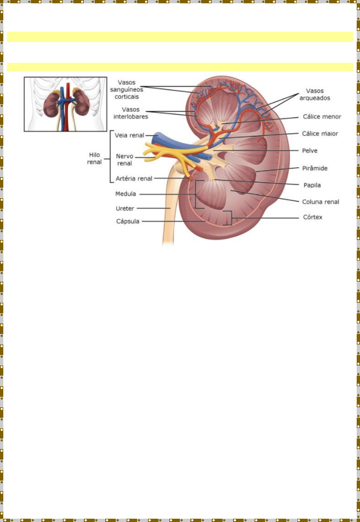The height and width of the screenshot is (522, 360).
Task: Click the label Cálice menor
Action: [322, 117]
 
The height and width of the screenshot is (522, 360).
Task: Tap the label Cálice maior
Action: [320, 133]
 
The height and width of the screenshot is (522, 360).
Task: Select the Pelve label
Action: [310, 151]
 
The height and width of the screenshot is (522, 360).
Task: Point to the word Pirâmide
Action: [315, 168]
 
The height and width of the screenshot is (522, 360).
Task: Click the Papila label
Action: [312, 185]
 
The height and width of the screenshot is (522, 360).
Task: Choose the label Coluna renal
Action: [321, 202]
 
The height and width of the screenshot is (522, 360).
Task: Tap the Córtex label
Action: [313, 217]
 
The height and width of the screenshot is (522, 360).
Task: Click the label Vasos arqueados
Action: [315, 94]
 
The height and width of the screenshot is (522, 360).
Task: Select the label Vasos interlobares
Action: [131, 113]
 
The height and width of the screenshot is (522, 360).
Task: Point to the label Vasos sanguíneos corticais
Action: [127, 89]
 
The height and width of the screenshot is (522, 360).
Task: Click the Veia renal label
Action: [129, 135]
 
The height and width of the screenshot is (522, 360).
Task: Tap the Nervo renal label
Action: [125, 160]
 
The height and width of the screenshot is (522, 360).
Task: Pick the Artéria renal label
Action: [134, 178]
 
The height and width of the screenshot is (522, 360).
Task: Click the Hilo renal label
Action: [94, 158]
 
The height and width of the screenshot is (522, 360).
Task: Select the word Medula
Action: [126, 194]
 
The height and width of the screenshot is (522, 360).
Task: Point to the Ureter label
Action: [125, 208]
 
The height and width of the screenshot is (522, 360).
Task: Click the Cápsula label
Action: [128, 221]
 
